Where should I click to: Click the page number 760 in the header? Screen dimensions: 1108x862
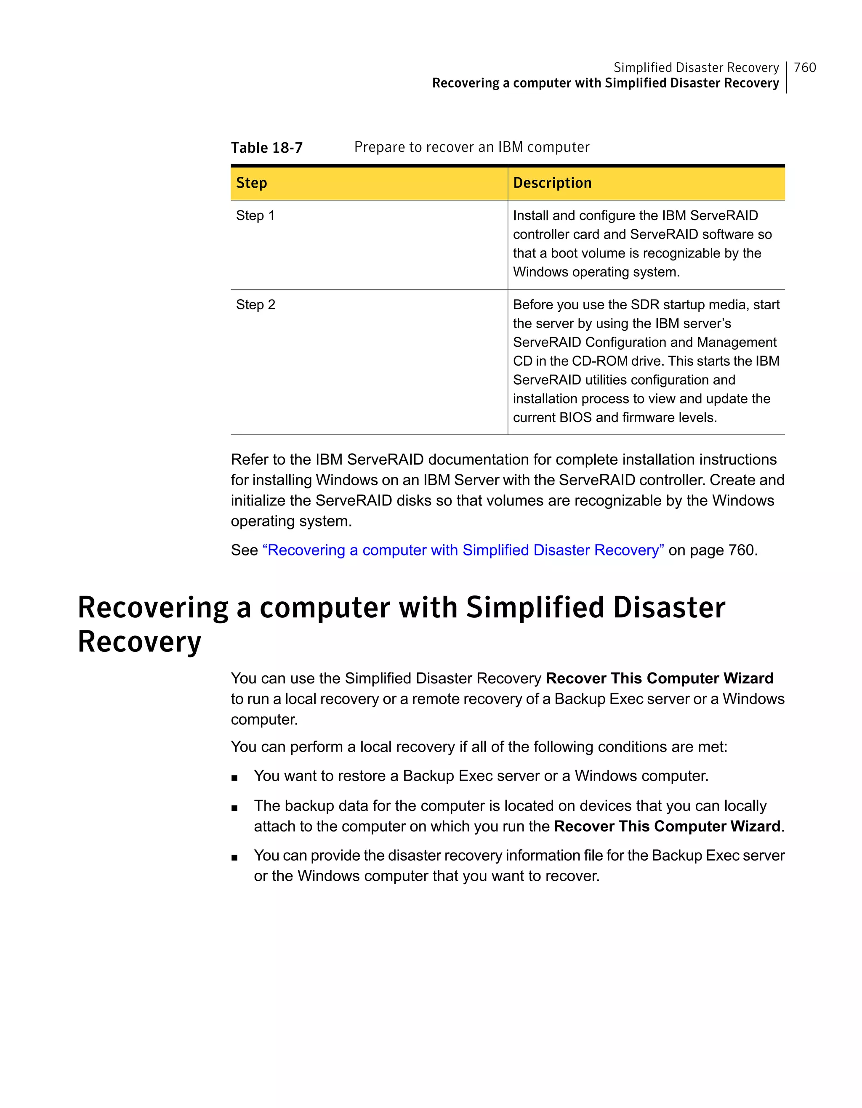pyautogui.click(x=804, y=67)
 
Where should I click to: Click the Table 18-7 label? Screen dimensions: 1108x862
pyautogui.click(x=266, y=148)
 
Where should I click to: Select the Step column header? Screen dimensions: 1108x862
pyautogui.click(x=251, y=183)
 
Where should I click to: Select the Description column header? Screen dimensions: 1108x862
pyautogui.click(x=552, y=183)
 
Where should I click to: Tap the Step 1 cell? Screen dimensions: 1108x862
pyautogui.click(x=255, y=215)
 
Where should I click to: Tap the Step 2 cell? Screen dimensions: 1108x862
pyautogui.click(x=255, y=305)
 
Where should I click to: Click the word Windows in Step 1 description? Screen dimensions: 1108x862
pyautogui.click(x=540, y=272)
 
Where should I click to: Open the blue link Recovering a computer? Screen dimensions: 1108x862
pyautogui.click(x=463, y=550)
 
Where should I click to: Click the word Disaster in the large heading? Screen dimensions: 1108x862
pyautogui.click(x=669, y=608)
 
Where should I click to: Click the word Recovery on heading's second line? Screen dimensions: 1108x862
pyautogui.click(x=139, y=642)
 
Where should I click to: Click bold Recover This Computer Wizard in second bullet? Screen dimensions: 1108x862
pyautogui.click(x=667, y=826)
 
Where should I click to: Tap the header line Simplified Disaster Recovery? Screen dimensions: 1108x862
pyautogui.click(x=696, y=67)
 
